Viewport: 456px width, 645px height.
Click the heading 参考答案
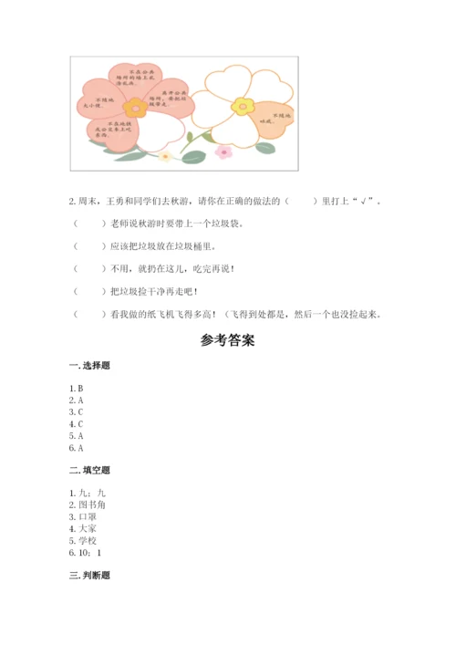(x=227, y=342)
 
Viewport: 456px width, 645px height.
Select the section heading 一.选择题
(x=89, y=366)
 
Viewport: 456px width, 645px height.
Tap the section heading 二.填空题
(x=89, y=471)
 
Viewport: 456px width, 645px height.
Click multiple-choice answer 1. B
(x=76, y=389)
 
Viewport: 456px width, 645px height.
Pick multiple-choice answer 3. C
(x=76, y=412)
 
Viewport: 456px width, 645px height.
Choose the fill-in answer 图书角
(x=91, y=505)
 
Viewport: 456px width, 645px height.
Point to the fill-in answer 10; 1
(x=89, y=552)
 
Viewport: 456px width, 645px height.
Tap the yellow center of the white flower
(x=242, y=106)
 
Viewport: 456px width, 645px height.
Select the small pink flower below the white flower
(x=223, y=151)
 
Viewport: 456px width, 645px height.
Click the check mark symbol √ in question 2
(x=366, y=201)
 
